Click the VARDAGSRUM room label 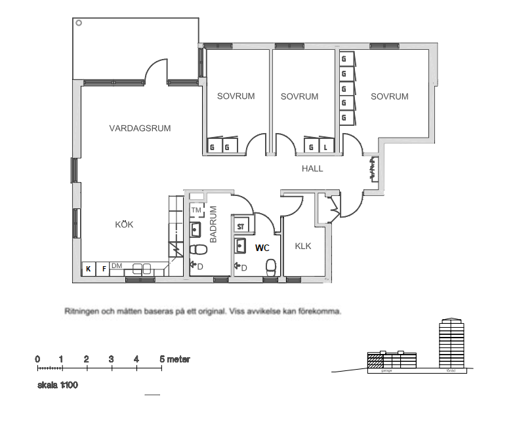[140, 128]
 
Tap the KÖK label [124, 224]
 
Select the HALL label [312, 168]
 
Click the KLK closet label [303, 246]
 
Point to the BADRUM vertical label [213, 225]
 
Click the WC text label [262, 248]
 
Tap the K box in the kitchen [87, 268]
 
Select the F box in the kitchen [102, 268]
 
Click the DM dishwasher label [117, 265]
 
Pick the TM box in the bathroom [196, 210]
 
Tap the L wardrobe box [326, 147]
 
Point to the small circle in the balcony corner [79, 23]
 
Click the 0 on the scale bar [37, 359]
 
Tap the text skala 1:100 [58, 385]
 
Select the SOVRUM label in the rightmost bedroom [389, 96]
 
